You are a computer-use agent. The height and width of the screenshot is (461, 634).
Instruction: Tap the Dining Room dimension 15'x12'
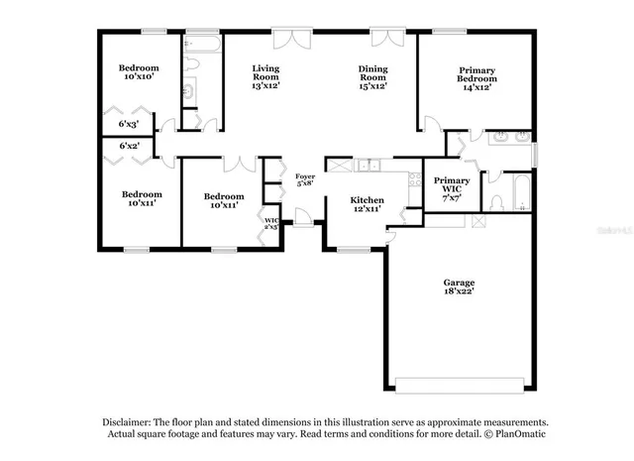[x=371, y=86]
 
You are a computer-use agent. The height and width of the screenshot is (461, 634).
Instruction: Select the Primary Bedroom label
[x=476, y=77]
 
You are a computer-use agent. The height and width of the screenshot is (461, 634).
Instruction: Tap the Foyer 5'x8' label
[x=305, y=179]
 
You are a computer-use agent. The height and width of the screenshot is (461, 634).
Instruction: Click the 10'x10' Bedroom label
[x=139, y=72]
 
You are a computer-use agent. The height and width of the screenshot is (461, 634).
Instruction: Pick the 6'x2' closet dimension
[x=130, y=145]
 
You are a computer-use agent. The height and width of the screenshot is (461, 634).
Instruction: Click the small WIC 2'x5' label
[x=269, y=222]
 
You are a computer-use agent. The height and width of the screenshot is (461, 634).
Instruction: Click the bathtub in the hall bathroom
[x=202, y=46]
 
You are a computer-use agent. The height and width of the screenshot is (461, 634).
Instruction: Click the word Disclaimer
[x=125, y=420]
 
